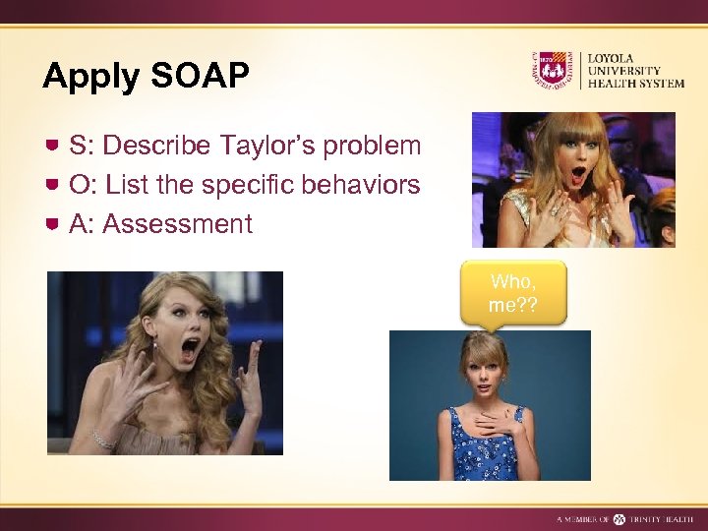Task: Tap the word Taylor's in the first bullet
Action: pyautogui.click(x=267, y=146)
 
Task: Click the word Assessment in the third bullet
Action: pyautogui.click(x=177, y=224)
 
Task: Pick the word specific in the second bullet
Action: pyautogui.click(x=253, y=185)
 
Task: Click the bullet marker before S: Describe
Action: pyautogui.click(x=54, y=146)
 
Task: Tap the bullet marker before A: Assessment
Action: pyautogui.click(x=54, y=224)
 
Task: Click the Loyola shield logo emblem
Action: pyautogui.click(x=551, y=71)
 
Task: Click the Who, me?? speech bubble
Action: pyautogui.click(x=512, y=292)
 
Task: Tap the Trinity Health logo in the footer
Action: pyautogui.click(x=619, y=518)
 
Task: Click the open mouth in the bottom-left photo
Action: pyautogui.click(x=190, y=349)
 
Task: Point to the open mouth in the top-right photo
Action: pyautogui.click(x=578, y=176)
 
